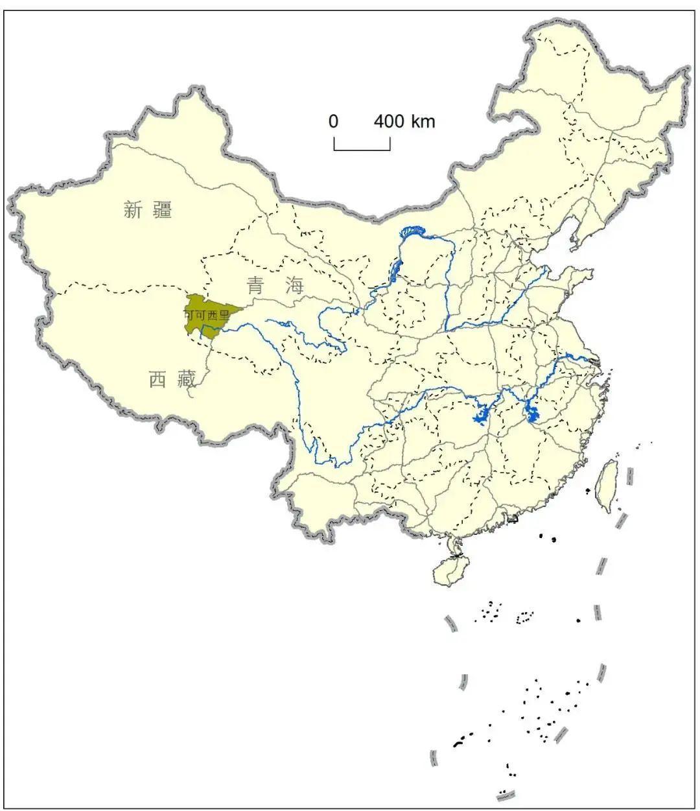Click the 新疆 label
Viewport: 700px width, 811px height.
click(148, 209)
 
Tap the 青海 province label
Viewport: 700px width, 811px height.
click(275, 285)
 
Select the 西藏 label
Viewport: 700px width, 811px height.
click(172, 379)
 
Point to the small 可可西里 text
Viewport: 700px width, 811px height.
click(206, 315)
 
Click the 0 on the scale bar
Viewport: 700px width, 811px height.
click(333, 121)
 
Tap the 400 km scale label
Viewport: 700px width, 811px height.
click(404, 121)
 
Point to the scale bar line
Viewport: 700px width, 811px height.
click(362, 150)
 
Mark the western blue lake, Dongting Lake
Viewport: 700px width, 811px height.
click(481, 414)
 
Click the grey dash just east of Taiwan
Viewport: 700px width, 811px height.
click(629, 476)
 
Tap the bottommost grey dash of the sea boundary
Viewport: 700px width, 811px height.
click(506, 795)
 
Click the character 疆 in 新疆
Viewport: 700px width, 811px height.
click(162, 209)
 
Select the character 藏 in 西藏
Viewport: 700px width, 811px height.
click(187, 379)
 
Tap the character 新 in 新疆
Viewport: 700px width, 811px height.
click(133, 209)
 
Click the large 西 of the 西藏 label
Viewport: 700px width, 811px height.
click(157, 379)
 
